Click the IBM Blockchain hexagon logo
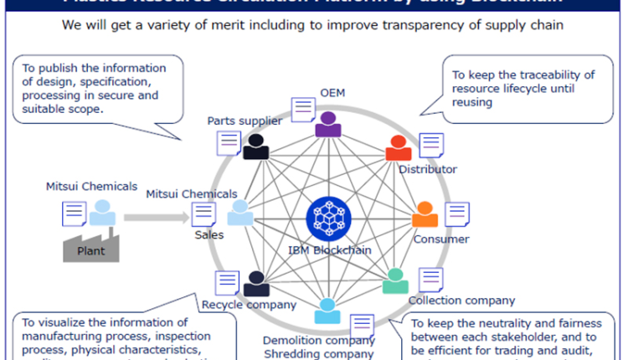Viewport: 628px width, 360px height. (327, 217)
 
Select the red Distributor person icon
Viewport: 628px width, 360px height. (398, 148)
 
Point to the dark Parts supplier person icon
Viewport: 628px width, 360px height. (255, 147)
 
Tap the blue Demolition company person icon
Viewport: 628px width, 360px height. (327, 311)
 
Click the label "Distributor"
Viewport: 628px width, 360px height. (427, 170)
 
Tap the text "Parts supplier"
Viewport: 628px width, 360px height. (245, 121)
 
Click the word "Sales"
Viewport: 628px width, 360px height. (208, 235)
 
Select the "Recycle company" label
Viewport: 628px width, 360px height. (249, 305)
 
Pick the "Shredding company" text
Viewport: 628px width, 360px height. (318, 354)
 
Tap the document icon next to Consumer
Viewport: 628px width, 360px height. (456, 214)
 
